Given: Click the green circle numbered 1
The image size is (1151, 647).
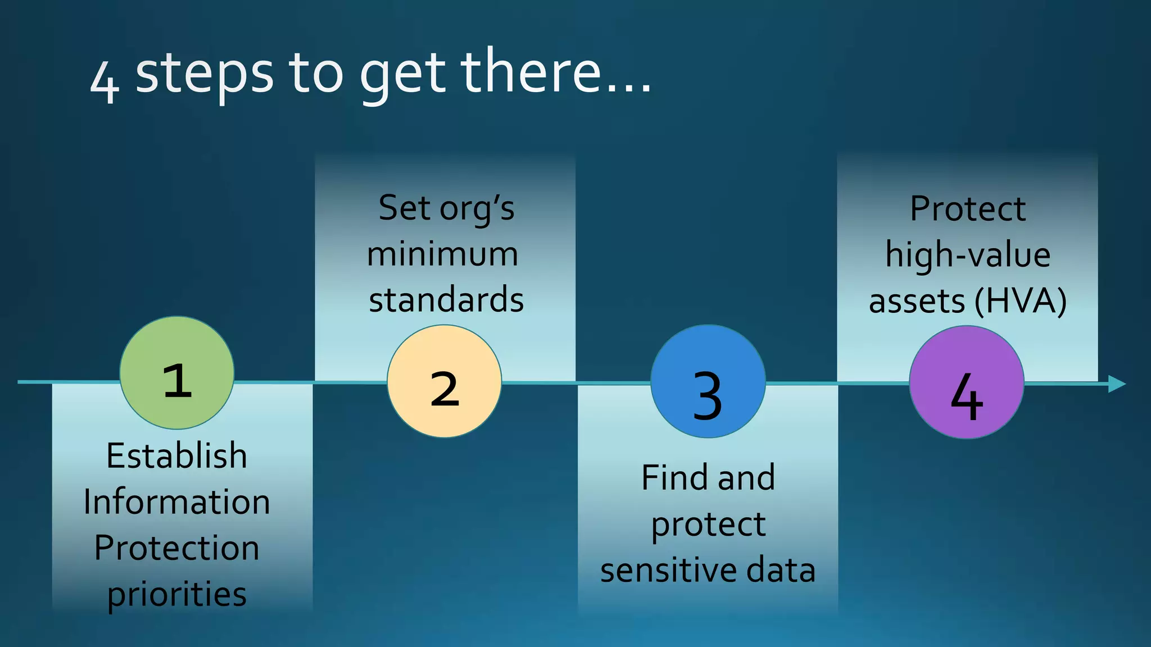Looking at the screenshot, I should pyautogui.click(x=177, y=373).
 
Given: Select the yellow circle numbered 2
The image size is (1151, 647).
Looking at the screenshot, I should pyautogui.click(x=444, y=381).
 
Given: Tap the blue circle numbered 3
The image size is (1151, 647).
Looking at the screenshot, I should pyautogui.click(x=708, y=382).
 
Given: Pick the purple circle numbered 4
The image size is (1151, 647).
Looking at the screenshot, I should pyautogui.click(x=966, y=382).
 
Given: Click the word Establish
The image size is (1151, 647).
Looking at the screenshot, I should pyautogui.click(x=176, y=455).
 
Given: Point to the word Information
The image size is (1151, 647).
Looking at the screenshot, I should pyautogui.click(x=176, y=502).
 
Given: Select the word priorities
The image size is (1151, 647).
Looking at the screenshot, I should pyautogui.click(x=176, y=594).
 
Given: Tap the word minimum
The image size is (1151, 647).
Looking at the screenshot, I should pyautogui.click(x=443, y=254).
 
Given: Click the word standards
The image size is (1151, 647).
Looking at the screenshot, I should pyautogui.click(x=446, y=300).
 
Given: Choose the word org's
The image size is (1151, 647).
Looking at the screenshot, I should pyautogui.click(x=477, y=209).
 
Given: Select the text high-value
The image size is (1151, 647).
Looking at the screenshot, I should pyautogui.click(x=968, y=256).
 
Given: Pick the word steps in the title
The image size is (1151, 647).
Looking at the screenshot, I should pyautogui.click(x=205, y=75).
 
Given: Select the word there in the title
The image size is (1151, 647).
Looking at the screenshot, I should pyautogui.click(x=531, y=72).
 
